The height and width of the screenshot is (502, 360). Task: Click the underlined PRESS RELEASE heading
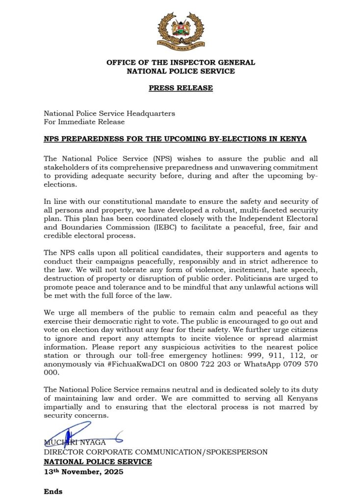(x=180, y=88)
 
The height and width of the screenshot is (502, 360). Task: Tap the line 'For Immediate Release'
(x=84, y=122)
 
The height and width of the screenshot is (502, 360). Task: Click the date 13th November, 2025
(x=83, y=472)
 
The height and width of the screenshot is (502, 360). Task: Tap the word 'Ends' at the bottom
(x=53, y=491)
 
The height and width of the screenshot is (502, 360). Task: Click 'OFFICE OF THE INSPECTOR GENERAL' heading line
(x=180, y=62)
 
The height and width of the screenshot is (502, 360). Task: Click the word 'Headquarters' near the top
(x=152, y=113)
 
